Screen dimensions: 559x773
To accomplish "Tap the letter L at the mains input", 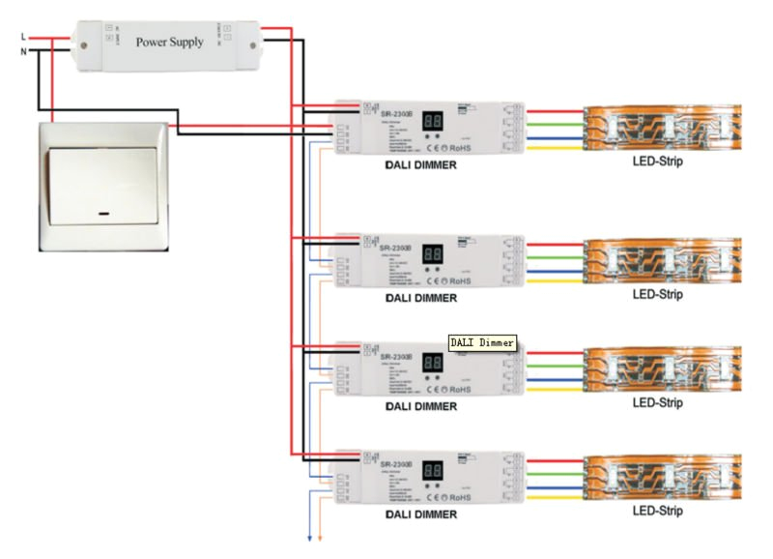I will point(23,37).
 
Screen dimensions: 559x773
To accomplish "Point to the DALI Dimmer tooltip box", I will point(483,342).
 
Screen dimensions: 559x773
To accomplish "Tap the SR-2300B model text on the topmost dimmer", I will point(396,114).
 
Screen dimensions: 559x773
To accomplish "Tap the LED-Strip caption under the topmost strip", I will point(656,162).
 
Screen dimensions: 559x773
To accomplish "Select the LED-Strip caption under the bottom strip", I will point(656,510).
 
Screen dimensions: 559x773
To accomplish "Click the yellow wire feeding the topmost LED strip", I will point(556,149).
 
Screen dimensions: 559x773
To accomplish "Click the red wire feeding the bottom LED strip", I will point(556,461).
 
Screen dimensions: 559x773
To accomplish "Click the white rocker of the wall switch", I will point(101,184).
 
